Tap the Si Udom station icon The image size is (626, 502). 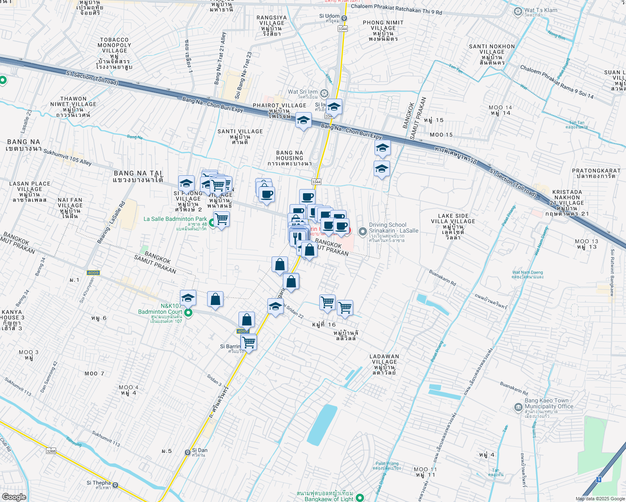coord(344,18)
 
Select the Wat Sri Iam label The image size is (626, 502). coord(303,92)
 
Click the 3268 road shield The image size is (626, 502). coord(51,451)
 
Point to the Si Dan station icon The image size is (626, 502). coord(187,452)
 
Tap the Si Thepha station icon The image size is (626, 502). coord(115,485)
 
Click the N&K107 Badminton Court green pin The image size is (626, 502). coord(188,312)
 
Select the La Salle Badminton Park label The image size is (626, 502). coord(175,219)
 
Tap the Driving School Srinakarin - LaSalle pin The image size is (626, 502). coord(363,231)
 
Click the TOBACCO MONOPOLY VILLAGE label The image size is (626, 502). coord(114,45)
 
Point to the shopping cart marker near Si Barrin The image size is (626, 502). coord(249,342)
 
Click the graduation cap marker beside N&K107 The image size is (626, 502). coord(188,298)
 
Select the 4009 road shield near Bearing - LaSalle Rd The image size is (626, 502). coord(93,273)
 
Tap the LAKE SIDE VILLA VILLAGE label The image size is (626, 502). coord(453,219)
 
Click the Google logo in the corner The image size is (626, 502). coord(14,497)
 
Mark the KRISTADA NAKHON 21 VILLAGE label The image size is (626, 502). coord(567,197)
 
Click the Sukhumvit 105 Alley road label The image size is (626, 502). coord(67,157)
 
